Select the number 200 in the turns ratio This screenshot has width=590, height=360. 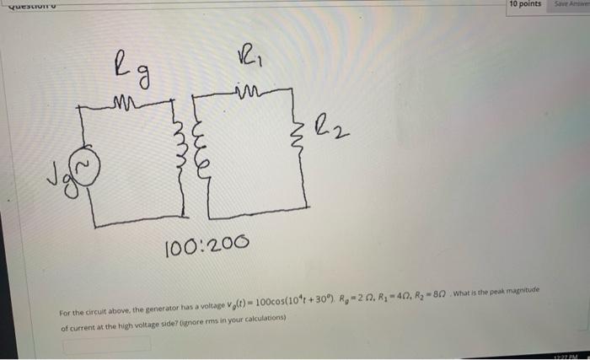tap(228, 244)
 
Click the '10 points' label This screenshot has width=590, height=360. tap(525, 5)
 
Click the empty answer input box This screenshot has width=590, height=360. tap(105, 344)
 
